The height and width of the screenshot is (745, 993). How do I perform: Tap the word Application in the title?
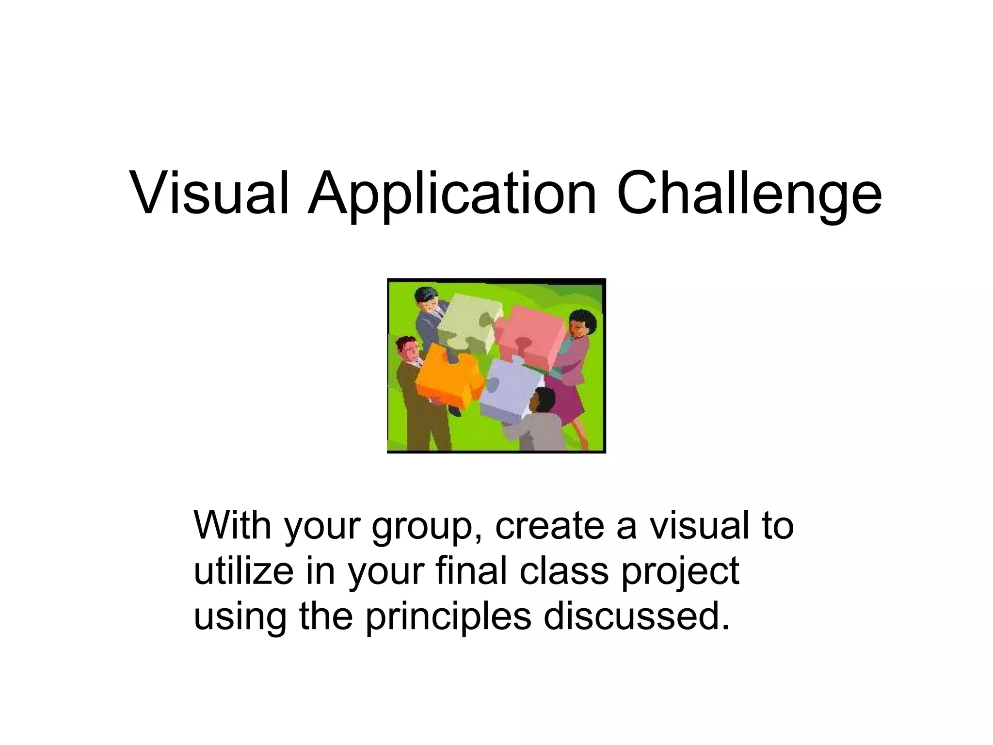(452, 194)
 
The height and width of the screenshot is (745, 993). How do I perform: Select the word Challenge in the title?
(749, 194)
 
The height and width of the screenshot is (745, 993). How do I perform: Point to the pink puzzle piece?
(529, 337)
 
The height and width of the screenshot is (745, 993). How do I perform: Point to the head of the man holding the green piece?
(427, 301)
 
